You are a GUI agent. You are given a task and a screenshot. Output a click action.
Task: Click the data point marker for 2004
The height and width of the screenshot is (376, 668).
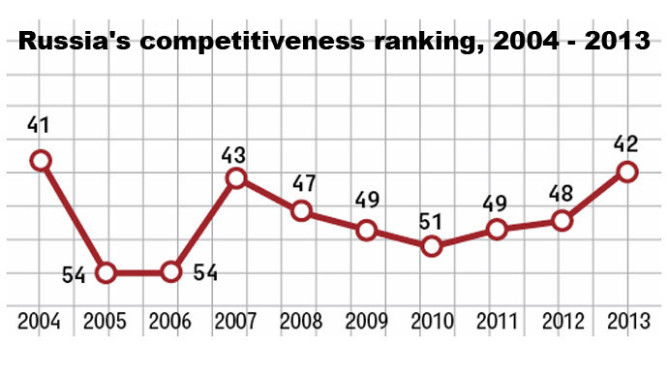tap(41, 161)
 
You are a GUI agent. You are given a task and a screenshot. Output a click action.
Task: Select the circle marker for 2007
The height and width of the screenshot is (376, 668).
tap(235, 177)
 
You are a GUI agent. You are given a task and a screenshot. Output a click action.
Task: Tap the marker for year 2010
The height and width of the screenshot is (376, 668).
tap(432, 246)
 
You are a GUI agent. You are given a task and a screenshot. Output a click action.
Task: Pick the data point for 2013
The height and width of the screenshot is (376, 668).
tap(627, 172)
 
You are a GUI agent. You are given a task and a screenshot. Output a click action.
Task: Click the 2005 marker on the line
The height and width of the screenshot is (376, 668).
tap(106, 272)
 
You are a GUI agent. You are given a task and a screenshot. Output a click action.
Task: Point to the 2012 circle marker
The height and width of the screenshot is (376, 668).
tap(562, 221)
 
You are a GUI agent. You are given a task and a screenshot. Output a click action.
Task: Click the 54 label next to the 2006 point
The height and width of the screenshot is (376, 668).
tap(202, 272)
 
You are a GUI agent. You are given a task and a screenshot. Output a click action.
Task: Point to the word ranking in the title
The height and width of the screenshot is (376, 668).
tap(441, 43)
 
